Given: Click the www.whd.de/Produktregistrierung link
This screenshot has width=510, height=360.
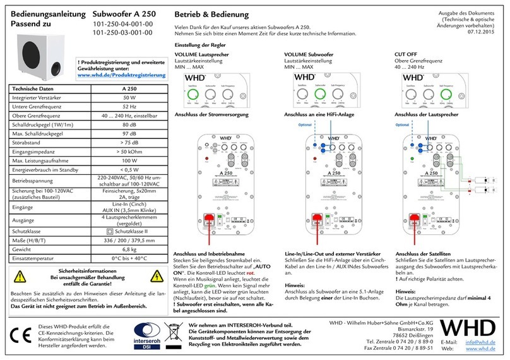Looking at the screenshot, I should pos(121,75).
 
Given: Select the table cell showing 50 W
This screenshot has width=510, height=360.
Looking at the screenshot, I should pos(129,98).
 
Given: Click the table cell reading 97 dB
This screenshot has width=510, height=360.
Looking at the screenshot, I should pos(129,134).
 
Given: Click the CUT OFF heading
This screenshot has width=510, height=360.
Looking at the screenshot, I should pos(406,55).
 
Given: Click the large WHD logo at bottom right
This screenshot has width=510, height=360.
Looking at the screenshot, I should pos(475,328).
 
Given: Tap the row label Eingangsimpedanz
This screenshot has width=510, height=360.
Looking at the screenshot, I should pos(37,152).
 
